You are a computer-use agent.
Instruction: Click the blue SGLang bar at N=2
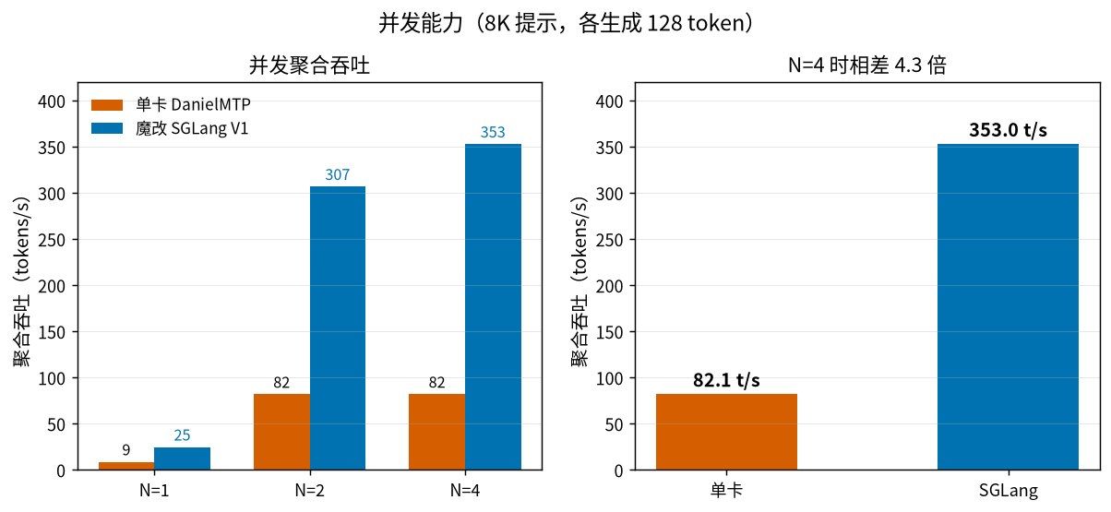338,328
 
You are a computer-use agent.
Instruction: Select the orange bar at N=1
126,466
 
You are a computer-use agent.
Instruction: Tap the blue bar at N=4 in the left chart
493,307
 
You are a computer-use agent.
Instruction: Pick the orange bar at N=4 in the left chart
437,432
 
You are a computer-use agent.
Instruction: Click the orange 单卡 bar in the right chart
726,432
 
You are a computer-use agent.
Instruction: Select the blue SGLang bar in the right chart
1008,307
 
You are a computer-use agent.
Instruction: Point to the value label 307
338,174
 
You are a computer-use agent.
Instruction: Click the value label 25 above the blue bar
182,435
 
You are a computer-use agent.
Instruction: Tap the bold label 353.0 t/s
1008,130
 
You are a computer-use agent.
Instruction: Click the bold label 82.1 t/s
726,380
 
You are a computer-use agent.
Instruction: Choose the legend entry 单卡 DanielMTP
171,104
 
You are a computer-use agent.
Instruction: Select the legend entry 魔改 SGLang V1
170,128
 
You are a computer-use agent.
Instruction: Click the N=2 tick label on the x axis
309,490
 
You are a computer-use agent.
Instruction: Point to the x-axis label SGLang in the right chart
1009,491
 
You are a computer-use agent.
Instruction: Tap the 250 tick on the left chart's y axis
52,240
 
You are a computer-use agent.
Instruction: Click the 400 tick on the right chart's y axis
609,101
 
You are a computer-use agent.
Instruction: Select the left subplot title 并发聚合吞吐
309,65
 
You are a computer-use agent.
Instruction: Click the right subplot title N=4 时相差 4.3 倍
867,65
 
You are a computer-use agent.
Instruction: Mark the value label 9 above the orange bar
126,449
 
